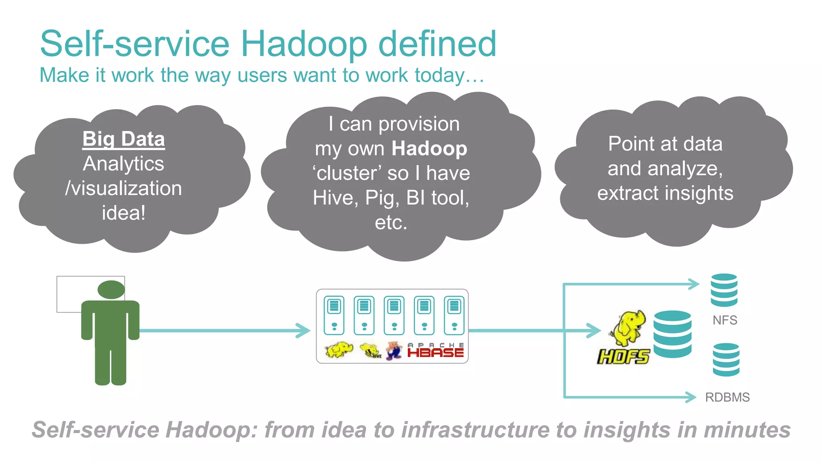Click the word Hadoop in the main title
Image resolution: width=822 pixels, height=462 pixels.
303,44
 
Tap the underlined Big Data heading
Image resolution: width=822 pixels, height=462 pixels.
124,139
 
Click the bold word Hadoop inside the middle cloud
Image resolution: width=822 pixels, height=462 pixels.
429,149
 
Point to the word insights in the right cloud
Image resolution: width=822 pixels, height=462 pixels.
698,193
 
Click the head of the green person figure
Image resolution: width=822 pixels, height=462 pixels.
111,290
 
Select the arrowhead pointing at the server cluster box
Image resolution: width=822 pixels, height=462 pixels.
304,330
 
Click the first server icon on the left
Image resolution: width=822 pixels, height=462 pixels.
334,315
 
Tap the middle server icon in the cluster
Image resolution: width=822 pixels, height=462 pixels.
394,315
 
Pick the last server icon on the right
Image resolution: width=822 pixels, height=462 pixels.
454,315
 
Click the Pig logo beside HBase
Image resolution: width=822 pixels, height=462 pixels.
394,351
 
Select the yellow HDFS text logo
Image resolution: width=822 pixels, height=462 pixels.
623,356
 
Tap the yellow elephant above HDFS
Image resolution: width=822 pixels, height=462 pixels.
629,327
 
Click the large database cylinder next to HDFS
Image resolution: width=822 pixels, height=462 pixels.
672,334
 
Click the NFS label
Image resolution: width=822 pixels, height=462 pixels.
725,320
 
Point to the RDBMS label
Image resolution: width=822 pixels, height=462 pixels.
727,397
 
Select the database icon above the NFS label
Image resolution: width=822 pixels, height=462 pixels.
724,290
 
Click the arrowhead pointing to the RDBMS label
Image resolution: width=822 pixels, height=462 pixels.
691,397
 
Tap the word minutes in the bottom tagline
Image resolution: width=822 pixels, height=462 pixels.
747,430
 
